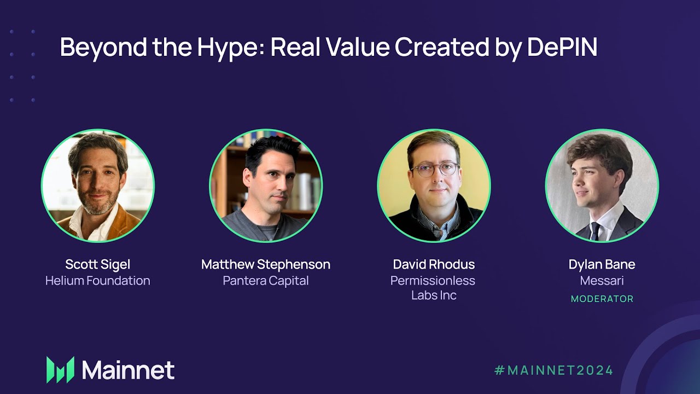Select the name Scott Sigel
97,264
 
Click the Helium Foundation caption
97,281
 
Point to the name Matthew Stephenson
266,264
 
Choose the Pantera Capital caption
266,281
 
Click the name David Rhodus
434,264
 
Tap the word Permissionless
433,281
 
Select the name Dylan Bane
602,264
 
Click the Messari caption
602,281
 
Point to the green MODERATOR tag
602,299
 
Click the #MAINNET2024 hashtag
553,370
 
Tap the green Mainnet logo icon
60,369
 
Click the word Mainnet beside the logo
129,370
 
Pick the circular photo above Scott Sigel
98,186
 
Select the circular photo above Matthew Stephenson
266,186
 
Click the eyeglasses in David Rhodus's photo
435,169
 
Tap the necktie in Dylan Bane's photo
595,230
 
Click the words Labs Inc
434,296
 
